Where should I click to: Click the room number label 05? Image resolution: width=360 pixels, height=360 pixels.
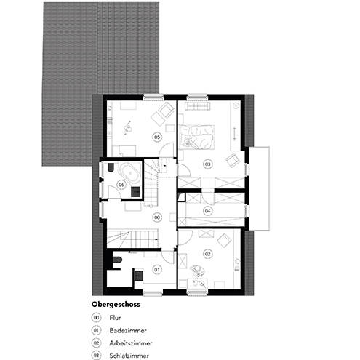[156, 136]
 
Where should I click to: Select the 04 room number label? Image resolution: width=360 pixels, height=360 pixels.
[207, 211]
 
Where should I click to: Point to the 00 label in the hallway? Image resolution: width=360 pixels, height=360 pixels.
[156, 217]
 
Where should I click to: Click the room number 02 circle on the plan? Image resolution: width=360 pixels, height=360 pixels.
[207, 253]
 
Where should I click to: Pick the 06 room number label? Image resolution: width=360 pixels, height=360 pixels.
[121, 185]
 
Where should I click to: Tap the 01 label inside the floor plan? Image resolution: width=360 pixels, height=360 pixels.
[156, 270]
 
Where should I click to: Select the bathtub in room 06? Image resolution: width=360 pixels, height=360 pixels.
[130, 173]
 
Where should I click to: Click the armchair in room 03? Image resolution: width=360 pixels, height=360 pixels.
[233, 159]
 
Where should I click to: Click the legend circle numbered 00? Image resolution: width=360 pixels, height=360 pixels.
[96, 318]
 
